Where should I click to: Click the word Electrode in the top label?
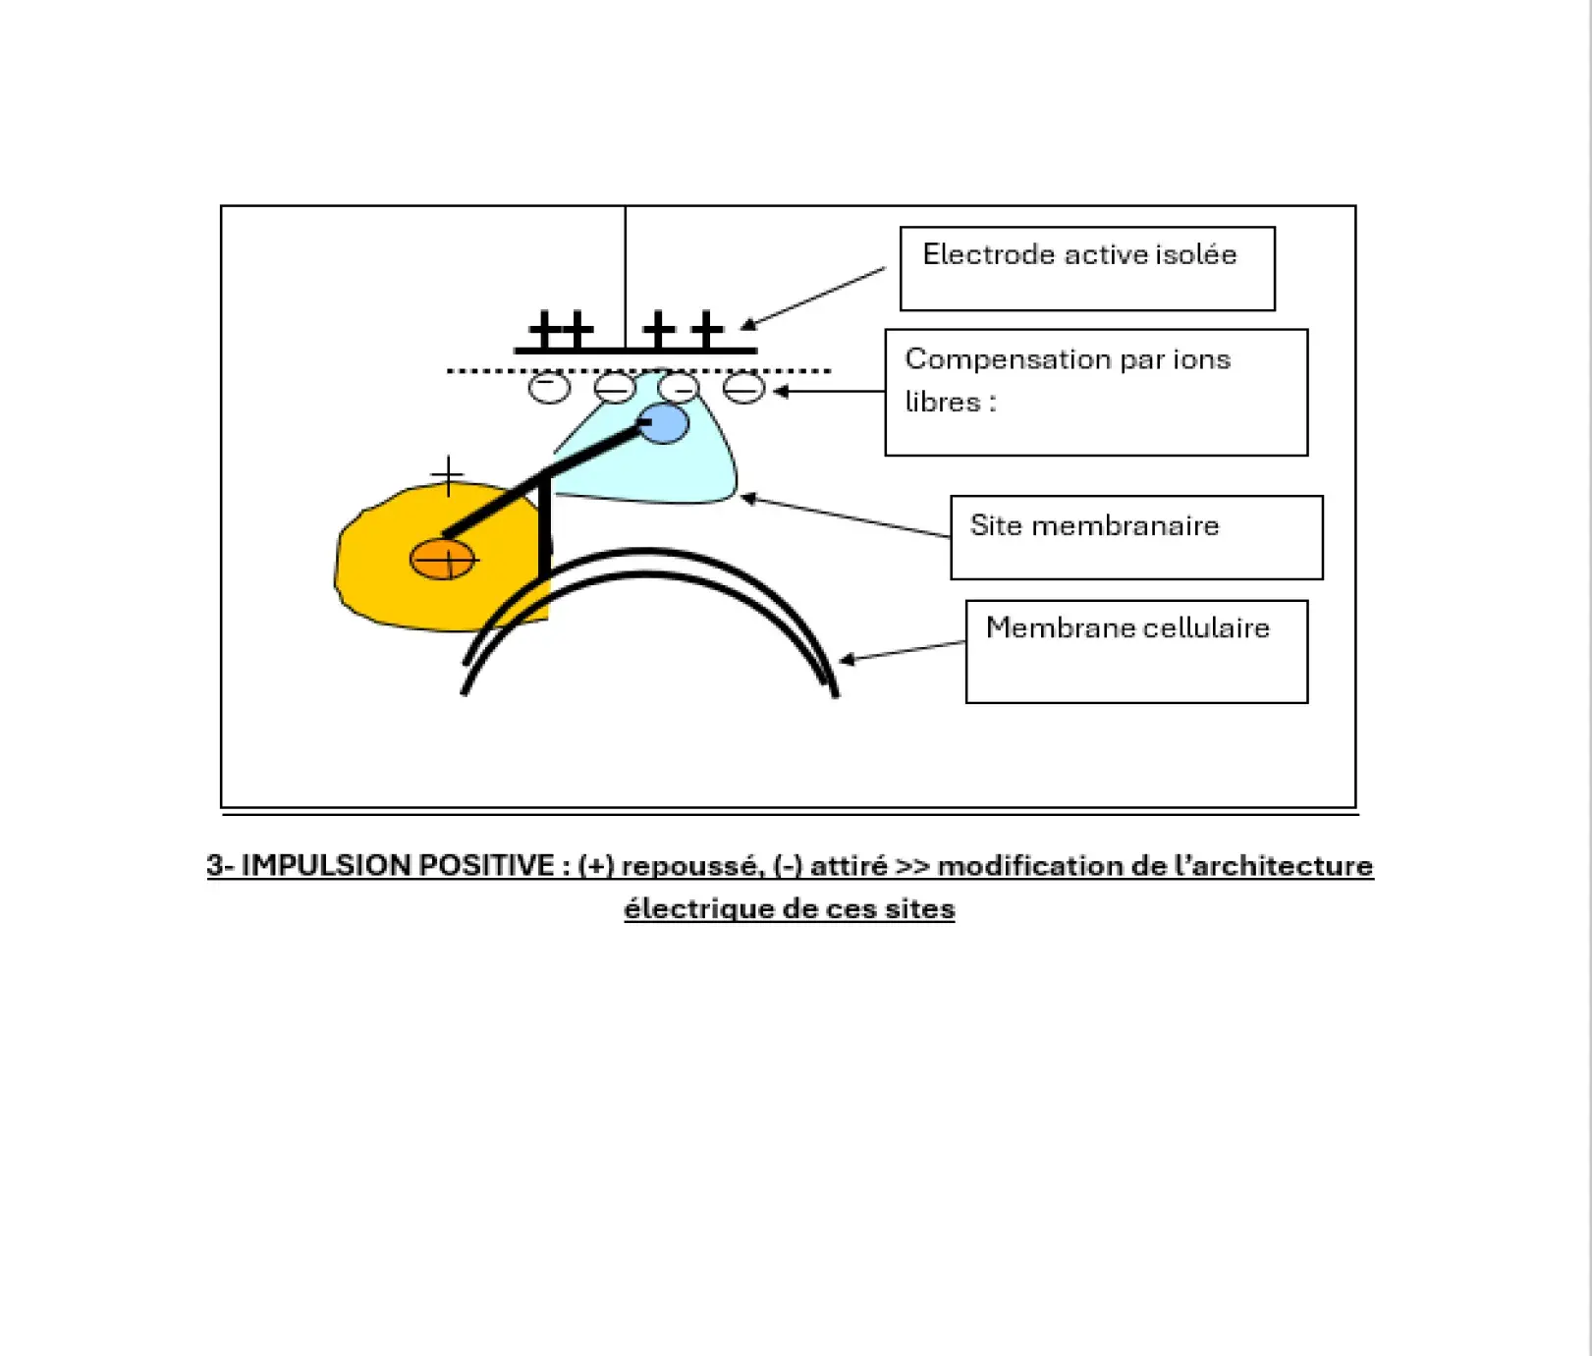pyautogui.click(x=989, y=254)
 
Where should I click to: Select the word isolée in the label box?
pyautogui.click(x=1196, y=254)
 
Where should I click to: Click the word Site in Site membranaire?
pyautogui.click(x=996, y=525)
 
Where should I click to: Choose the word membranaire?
pyautogui.click(x=1125, y=525)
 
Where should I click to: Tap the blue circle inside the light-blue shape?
pyautogui.click(x=663, y=423)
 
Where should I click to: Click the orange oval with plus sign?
pyautogui.click(x=442, y=560)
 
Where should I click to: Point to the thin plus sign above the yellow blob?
pyautogui.click(x=448, y=476)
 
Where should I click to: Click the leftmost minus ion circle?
pyautogui.click(x=549, y=387)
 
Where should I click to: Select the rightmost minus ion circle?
pyautogui.click(x=743, y=387)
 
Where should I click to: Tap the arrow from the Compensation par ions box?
pyautogui.click(x=829, y=391)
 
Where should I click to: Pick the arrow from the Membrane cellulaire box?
pyautogui.click(x=903, y=651)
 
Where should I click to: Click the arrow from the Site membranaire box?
pyautogui.click(x=845, y=516)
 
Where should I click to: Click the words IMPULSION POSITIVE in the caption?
pyautogui.click(x=398, y=865)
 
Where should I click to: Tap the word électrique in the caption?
pyautogui.click(x=698, y=908)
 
